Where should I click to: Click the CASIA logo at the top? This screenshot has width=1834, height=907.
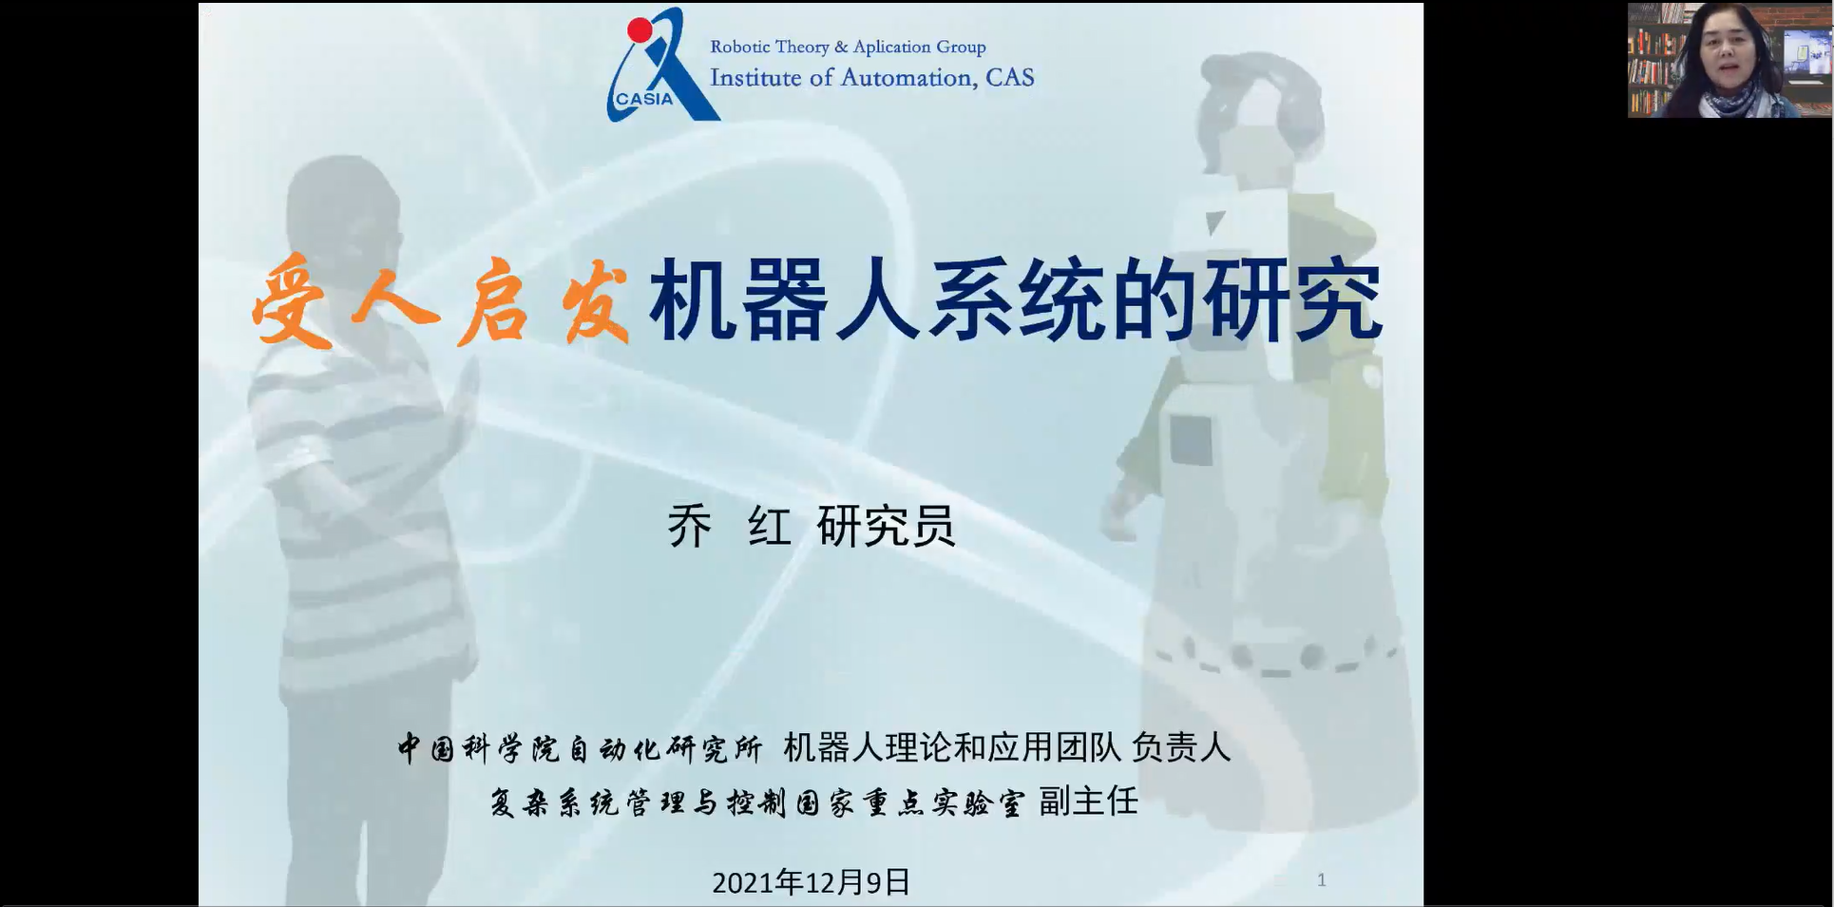[x=663, y=65]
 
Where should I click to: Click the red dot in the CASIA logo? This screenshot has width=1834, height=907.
[x=640, y=30]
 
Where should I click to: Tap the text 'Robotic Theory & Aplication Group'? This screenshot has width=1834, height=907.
[x=848, y=47]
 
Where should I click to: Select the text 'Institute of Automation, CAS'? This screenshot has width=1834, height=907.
[x=871, y=77]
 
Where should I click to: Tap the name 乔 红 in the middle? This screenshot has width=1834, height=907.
[x=729, y=526]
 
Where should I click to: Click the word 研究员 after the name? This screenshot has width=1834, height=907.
[x=886, y=526]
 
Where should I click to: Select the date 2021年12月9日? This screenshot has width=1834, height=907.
[x=812, y=882]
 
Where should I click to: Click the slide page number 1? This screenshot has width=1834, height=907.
[x=1321, y=880]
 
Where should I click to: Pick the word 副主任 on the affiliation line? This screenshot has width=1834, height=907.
[x=1088, y=801]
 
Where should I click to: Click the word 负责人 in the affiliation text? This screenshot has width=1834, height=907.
[x=1181, y=747]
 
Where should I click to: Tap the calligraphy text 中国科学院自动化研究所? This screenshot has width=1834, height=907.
[x=580, y=748]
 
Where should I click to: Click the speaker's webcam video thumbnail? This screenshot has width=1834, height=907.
[x=1729, y=60]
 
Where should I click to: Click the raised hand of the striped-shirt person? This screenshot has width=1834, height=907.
[x=465, y=399]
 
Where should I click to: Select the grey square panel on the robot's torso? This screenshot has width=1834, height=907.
[x=1191, y=439]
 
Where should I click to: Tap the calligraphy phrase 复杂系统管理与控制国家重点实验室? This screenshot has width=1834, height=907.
[x=757, y=802]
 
